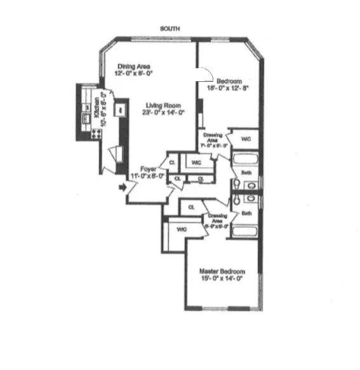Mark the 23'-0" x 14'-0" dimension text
click(163, 113)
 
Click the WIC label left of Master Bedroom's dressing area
click(182, 228)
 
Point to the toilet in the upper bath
click(237, 183)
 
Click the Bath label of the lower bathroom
click(246, 214)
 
